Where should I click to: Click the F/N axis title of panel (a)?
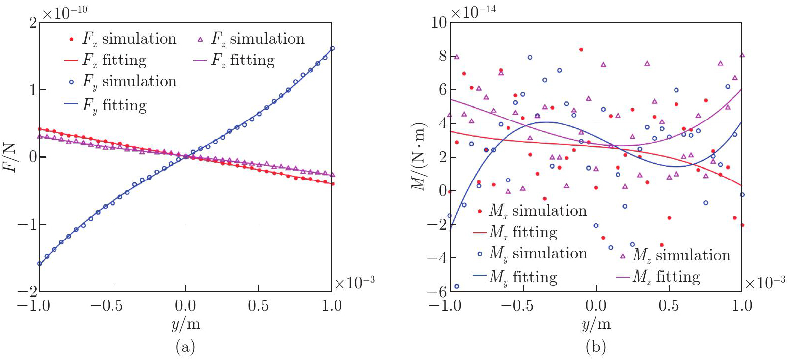point(11,157)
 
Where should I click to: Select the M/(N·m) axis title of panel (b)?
point(419,156)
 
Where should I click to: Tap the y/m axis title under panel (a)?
point(186,325)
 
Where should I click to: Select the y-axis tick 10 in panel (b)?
point(439,22)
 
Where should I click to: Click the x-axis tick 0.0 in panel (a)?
point(186,305)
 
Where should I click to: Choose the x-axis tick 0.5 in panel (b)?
point(669,305)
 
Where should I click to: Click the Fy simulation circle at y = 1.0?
point(332,48)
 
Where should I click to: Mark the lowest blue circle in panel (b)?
point(457,286)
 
